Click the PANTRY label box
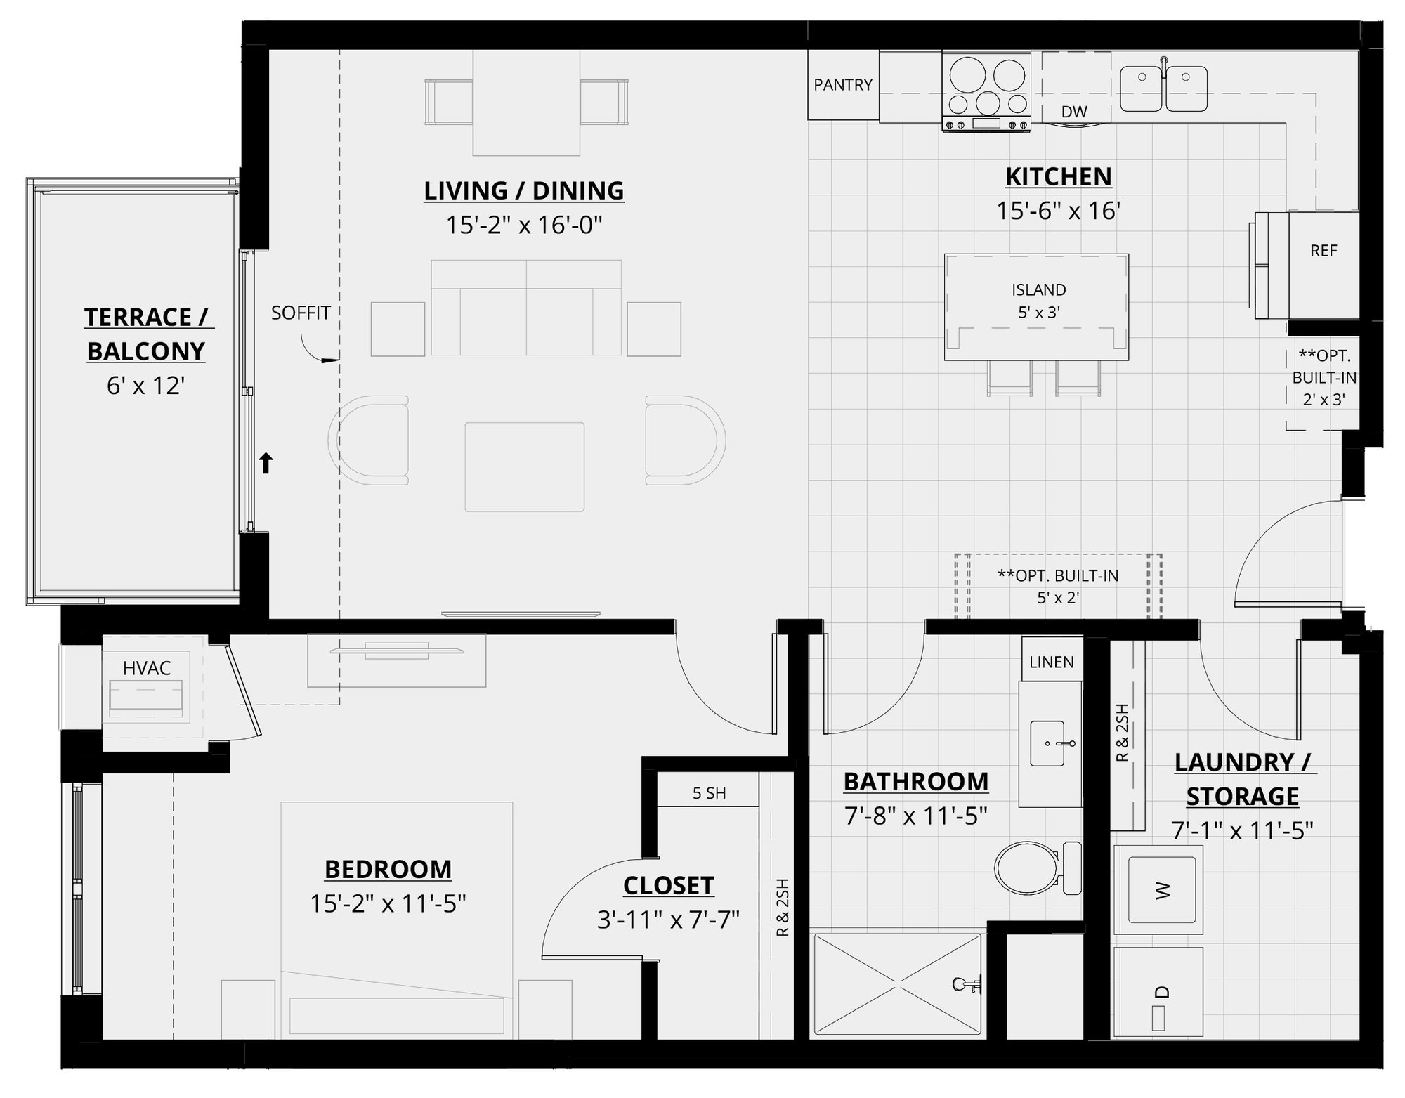tap(843, 85)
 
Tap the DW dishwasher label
tap(1073, 112)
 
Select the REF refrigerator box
tap(1324, 251)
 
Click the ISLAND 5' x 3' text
tap(1038, 301)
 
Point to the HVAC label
tap(146, 668)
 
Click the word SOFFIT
tap(301, 313)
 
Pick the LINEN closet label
tap(1051, 662)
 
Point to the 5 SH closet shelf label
tap(709, 793)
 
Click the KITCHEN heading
tap(1058, 176)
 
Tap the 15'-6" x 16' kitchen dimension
tap(1058, 211)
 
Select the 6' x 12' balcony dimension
tap(145, 385)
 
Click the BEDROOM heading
tap(388, 869)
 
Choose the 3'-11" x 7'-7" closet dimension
tap(668, 920)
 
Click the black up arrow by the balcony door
tap(266, 463)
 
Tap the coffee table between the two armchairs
tap(524, 466)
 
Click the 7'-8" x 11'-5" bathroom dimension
tap(915, 816)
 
